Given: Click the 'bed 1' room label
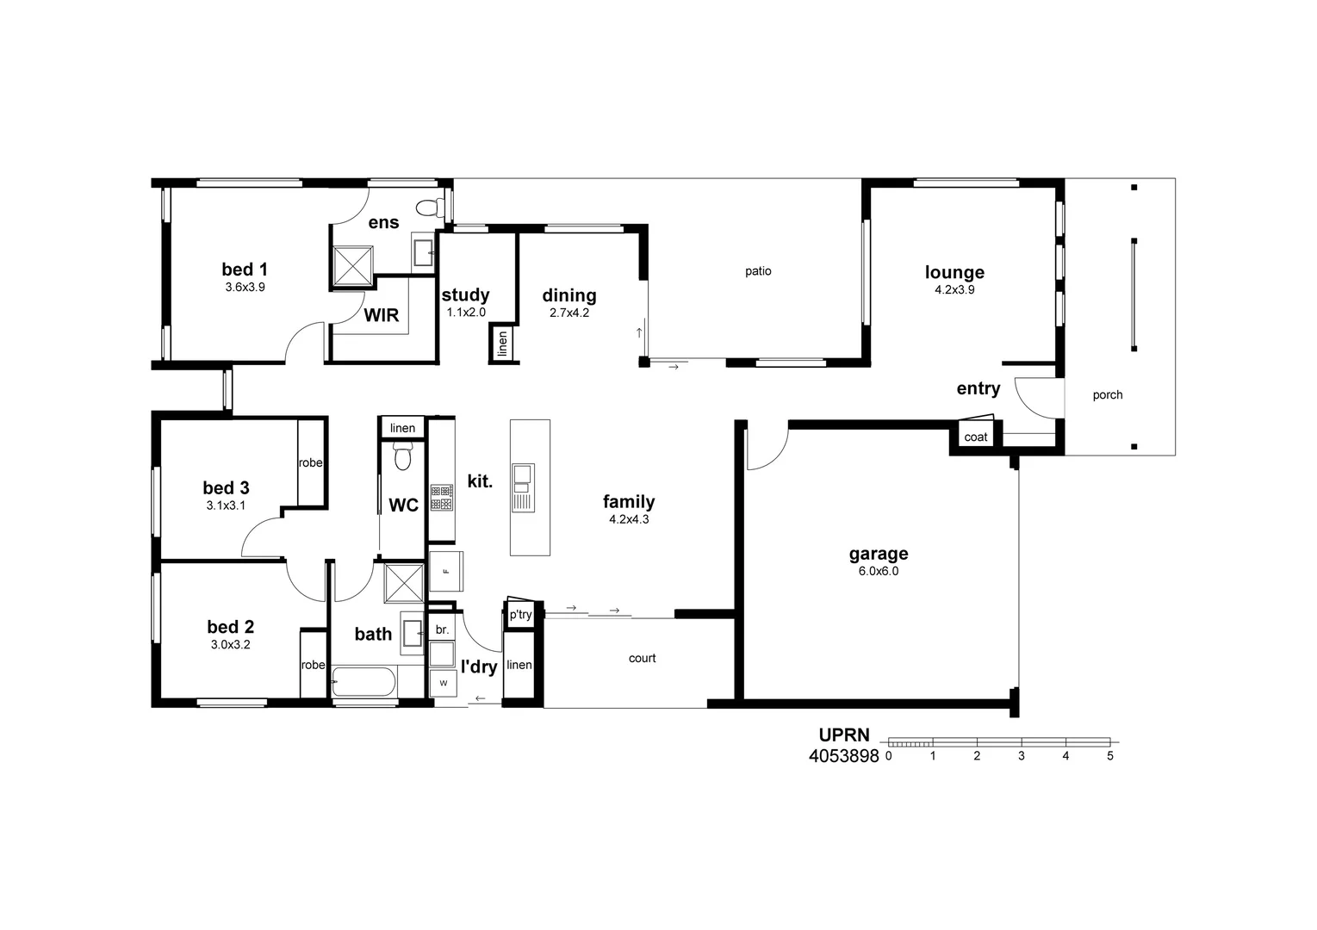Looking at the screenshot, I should (x=245, y=270).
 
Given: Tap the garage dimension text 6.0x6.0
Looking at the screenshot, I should (x=878, y=571).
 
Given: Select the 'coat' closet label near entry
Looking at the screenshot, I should (x=975, y=437).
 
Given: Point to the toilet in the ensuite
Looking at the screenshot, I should (x=427, y=208).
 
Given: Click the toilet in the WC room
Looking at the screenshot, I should (x=402, y=456).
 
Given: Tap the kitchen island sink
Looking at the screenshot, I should (x=523, y=475).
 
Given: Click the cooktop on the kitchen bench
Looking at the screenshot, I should (x=442, y=498).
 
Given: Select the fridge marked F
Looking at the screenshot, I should (x=446, y=571).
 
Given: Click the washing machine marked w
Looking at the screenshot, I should (x=444, y=683).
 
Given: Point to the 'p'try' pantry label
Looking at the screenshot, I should (x=520, y=615).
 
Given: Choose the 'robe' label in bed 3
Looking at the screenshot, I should (x=310, y=462).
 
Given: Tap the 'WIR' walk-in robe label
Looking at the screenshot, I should (x=381, y=315).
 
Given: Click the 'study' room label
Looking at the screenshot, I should (x=465, y=295).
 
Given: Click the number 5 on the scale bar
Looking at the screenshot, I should (x=1109, y=756).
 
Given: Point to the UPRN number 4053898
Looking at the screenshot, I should (x=843, y=756).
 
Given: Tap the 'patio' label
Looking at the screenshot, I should (x=758, y=271).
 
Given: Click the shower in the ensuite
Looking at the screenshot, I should (x=353, y=265).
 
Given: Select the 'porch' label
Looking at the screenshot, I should (x=1107, y=395).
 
